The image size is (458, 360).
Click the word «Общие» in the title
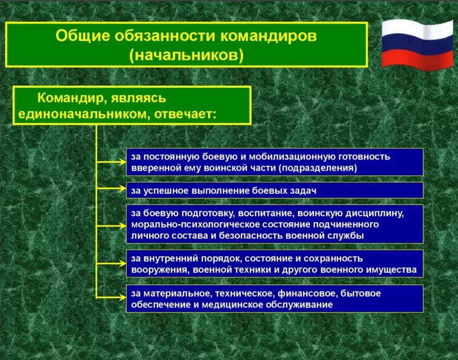tap(83, 36)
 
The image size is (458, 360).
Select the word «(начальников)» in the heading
tap(186, 56)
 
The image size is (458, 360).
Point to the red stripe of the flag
tap(417, 60)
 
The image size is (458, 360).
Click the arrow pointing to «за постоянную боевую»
tap(111, 162)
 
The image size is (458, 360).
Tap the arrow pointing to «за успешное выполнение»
tap(111, 188)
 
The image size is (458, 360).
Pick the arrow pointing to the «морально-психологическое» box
tap(111, 226)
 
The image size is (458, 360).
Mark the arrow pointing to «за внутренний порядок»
tap(111, 263)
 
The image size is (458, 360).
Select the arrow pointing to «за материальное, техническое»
tap(111, 298)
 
